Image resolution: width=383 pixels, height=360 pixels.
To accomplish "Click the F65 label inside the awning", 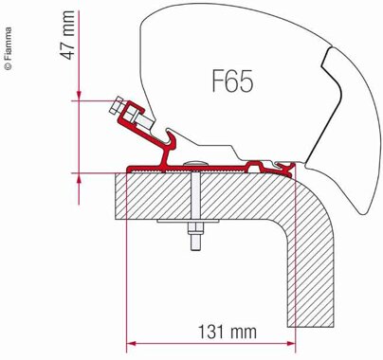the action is click(232, 81).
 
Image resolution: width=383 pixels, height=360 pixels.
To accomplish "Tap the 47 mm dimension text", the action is click(67, 35).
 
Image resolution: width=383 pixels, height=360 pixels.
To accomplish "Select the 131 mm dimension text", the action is click(228, 332).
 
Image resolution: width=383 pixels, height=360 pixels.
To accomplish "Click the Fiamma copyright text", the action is click(9, 48).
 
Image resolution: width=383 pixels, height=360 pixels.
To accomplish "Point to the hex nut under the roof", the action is click(196, 229).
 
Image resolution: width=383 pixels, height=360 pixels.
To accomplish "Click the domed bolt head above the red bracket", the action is click(196, 163).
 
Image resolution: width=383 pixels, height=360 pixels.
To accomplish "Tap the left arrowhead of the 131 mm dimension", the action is click(131, 343).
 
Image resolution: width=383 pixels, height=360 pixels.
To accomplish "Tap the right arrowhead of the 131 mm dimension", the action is click(291, 343).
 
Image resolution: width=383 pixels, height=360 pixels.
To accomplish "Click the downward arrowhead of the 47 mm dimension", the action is click(79, 96).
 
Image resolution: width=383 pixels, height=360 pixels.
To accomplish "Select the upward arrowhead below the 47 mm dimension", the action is click(79, 178).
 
